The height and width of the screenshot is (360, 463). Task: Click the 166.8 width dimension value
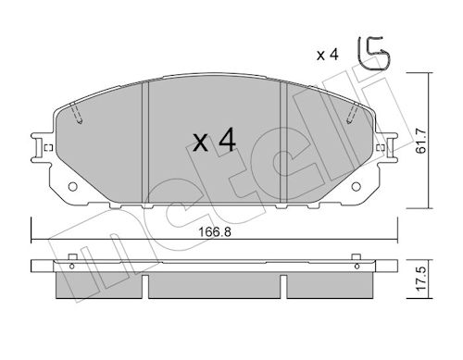coord(215,232)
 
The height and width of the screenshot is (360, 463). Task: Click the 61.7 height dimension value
coord(421,141)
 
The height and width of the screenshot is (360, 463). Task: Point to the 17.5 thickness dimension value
coord(421,279)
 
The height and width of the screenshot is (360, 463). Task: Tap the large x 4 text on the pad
coord(215,141)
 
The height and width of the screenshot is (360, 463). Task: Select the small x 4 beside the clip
coord(328,56)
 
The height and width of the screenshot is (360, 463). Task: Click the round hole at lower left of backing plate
coord(72,186)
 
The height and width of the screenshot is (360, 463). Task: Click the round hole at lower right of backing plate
coord(357,186)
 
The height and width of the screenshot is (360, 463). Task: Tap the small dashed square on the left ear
coord(49,148)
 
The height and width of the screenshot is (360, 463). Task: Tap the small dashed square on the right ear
coord(381,148)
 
